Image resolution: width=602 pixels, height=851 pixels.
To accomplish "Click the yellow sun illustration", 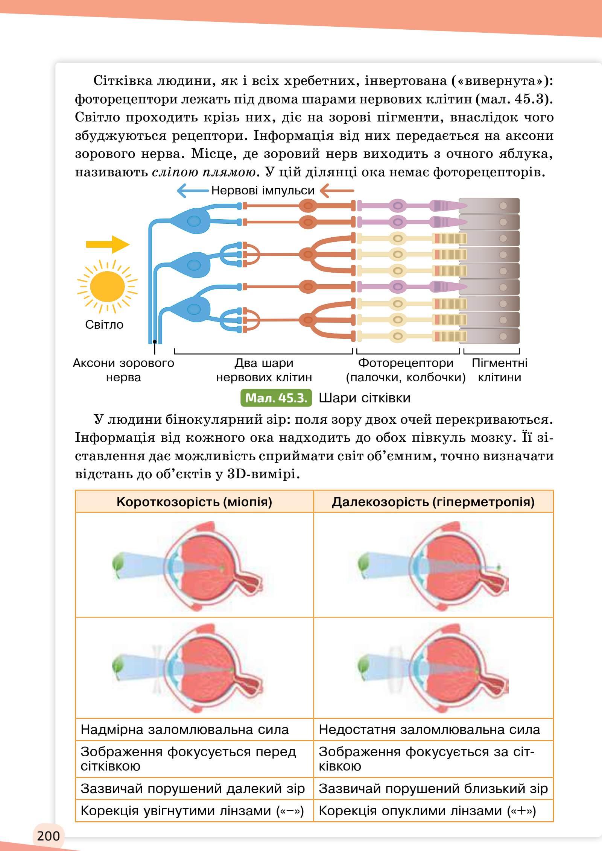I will pyautogui.click(x=107, y=287).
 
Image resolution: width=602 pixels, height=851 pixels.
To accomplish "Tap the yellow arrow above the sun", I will pyautogui.click(x=108, y=244).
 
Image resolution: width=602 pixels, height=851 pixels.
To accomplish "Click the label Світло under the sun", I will pyautogui.click(x=104, y=325).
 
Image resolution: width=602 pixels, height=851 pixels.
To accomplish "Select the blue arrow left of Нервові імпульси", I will pyautogui.click(x=192, y=191).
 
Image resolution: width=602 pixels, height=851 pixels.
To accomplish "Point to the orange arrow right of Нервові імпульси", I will pyautogui.click(x=337, y=191).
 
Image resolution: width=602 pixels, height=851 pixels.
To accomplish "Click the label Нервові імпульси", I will pyautogui.click(x=263, y=190).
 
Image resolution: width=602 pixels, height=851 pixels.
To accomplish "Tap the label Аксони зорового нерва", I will pyautogui.click(x=123, y=370).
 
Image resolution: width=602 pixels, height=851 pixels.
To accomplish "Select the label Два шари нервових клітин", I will pyautogui.click(x=264, y=370).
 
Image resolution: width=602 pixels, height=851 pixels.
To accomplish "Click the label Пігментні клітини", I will pyautogui.click(x=499, y=370).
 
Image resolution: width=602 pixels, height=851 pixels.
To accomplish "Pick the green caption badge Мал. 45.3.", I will pyautogui.click(x=276, y=398).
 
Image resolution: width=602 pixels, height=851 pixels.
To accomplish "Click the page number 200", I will pyautogui.click(x=49, y=836).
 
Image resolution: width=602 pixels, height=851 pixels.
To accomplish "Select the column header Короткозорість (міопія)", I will pyautogui.click(x=194, y=502).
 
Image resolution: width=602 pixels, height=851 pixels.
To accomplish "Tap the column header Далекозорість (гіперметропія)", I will pyautogui.click(x=433, y=502).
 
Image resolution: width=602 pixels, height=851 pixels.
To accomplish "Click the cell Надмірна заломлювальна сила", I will pyautogui.click(x=184, y=730).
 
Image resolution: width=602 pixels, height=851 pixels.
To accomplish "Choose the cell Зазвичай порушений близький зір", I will pyautogui.click(x=433, y=788).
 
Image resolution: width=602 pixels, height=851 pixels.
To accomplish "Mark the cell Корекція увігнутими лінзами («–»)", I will pyautogui.click(x=192, y=810).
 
